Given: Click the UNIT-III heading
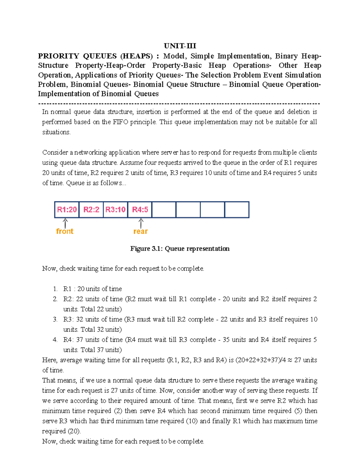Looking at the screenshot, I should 180,46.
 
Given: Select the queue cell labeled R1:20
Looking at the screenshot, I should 67,209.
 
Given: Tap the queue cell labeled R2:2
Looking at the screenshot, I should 91,209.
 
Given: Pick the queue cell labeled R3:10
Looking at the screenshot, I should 115,209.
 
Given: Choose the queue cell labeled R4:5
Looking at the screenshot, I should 140,209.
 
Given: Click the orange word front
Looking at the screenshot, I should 65,231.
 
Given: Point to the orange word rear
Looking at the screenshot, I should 140,231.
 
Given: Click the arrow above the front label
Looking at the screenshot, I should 65,223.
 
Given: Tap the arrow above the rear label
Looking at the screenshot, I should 141,223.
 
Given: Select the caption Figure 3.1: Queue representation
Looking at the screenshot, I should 180,249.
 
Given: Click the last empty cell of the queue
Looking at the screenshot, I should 237,209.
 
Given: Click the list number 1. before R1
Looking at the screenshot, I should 55,289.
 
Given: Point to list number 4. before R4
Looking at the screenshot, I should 55,340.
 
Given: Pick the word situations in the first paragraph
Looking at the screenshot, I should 56,132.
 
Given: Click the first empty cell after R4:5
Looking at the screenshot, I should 164,209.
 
